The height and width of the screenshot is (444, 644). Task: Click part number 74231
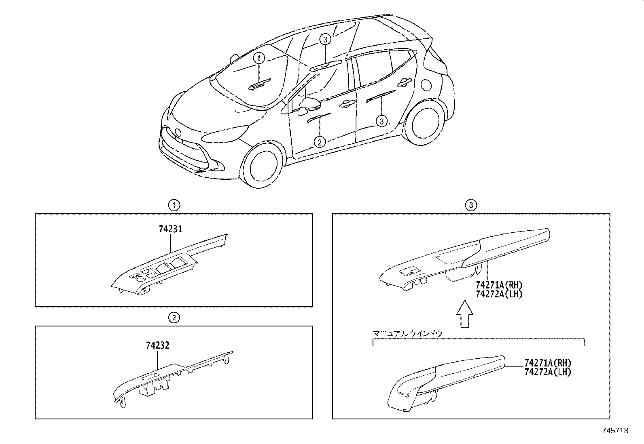coord(170,229)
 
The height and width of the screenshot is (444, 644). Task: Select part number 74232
coord(157,345)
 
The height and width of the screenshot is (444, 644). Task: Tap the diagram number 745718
coord(615,431)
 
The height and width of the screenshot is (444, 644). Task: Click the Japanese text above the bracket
coord(407,333)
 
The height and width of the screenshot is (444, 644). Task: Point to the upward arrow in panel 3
coord(465,314)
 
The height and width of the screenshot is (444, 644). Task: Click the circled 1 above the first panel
coord(174,205)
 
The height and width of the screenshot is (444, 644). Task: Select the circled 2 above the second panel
coord(174,318)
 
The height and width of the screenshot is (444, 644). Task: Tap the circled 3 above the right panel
coord(471,205)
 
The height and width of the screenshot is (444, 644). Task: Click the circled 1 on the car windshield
coord(259,58)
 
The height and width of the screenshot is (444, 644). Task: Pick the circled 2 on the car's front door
coord(320,141)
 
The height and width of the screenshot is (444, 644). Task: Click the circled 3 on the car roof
coord(325,39)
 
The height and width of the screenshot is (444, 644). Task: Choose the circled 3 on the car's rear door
coord(381,121)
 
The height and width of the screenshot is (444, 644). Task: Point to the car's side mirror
coord(309,105)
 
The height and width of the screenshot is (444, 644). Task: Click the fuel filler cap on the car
coord(426,85)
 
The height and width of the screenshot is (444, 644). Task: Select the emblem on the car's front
coord(178,133)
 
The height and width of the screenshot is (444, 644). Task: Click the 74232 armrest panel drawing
coord(172,379)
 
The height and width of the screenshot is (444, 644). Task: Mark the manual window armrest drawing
coord(446,383)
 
